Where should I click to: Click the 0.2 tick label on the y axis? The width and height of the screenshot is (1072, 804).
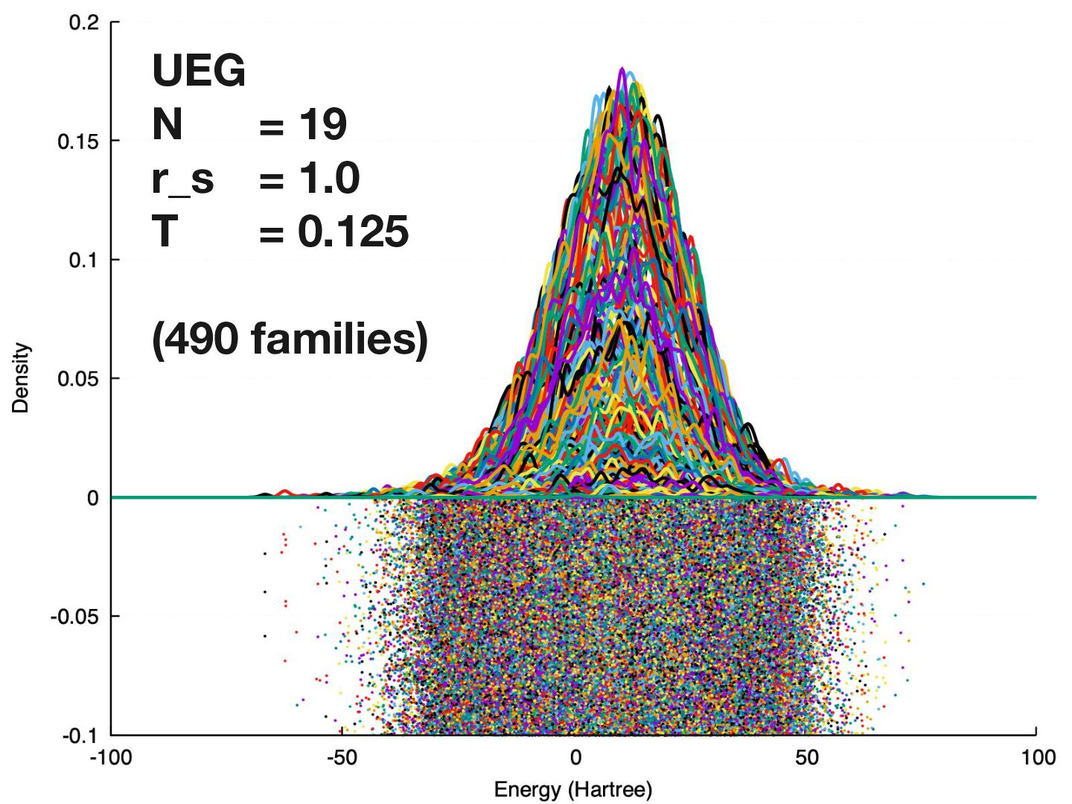tap(83, 22)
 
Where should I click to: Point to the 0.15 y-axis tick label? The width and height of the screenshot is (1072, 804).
tap(78, 141)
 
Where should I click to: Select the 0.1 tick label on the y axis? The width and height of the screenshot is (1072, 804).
tap(83, 260)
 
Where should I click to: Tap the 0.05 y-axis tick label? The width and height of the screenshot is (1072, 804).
tap(78, 379)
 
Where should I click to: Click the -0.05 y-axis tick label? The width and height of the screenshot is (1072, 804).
tap(74, 616)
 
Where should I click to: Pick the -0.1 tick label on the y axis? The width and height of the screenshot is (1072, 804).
tap(80, 736)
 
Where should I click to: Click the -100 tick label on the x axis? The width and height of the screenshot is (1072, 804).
tap(111, 758)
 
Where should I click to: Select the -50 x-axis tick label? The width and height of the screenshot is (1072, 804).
tap(342, 758)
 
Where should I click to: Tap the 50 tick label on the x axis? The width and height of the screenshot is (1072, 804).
tap(806, 758)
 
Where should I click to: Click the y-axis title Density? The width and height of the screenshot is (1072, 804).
tap(20, 378)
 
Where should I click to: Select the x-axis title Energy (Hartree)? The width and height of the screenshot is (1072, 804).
tap(573, 790)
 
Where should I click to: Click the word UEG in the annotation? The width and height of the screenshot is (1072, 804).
tap(198, 71)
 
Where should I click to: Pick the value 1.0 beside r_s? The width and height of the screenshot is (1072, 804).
tap(328, 178)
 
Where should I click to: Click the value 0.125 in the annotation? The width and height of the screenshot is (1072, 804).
tap(353, 232)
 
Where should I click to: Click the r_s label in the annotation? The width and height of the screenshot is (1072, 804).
tap(182, 179)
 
